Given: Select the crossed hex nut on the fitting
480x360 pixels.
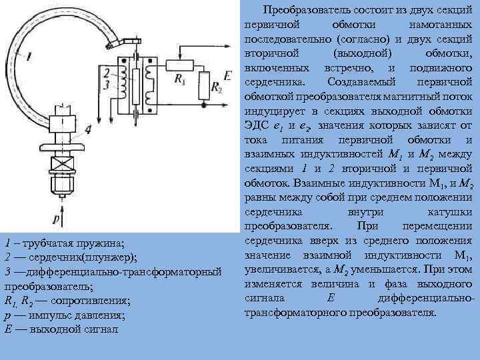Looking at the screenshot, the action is [61, 181].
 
